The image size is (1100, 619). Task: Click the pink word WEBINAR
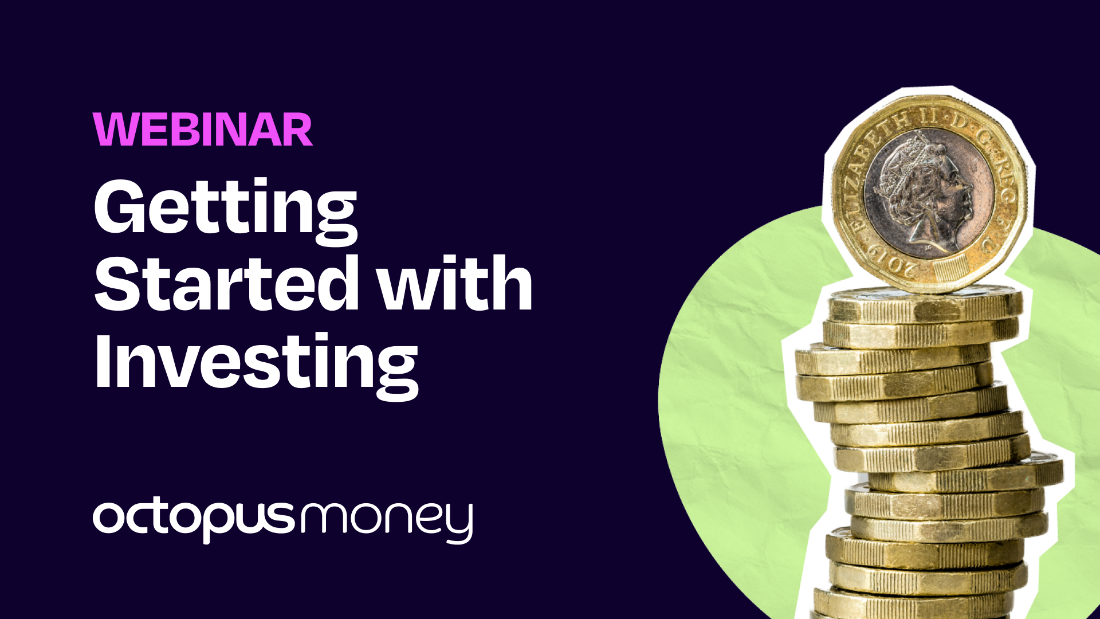203,130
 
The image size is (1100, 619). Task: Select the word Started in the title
227,284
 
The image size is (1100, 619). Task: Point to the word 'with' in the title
455,284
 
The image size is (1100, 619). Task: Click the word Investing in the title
256,362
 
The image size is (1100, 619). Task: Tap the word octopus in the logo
194,518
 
